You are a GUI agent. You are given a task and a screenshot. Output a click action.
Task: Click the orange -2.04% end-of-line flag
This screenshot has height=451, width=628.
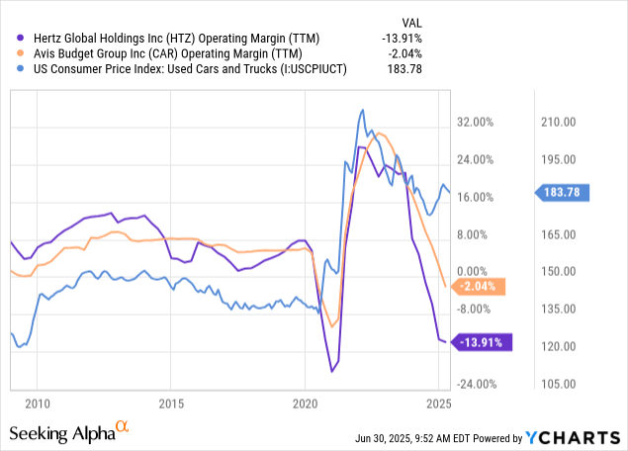479,287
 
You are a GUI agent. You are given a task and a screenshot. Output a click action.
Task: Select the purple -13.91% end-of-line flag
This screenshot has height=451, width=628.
481,342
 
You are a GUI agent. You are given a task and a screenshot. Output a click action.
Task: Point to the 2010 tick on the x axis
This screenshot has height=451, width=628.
38,404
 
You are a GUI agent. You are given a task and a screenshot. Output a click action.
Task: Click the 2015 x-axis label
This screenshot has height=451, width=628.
172,404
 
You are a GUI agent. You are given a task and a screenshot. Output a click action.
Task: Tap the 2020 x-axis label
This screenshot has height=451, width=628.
307,404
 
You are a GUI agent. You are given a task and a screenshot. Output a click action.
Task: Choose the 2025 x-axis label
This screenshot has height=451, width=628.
440,404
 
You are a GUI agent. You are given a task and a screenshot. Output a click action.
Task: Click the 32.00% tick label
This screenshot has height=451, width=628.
474,122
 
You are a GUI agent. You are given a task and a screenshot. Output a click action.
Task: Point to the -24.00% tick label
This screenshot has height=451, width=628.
474,384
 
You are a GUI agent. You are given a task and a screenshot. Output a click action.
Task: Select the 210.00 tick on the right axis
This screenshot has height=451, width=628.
558,122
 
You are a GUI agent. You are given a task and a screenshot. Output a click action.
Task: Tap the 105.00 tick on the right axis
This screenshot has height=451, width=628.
558,384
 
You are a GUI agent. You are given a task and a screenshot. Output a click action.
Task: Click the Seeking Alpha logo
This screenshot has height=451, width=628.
69,432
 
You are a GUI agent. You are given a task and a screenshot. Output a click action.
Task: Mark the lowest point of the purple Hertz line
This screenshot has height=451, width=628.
332,371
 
